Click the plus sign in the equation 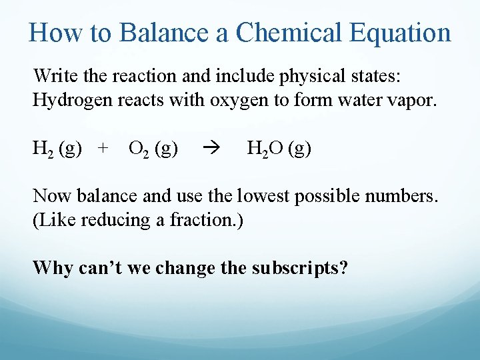102,148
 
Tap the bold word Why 53,268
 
